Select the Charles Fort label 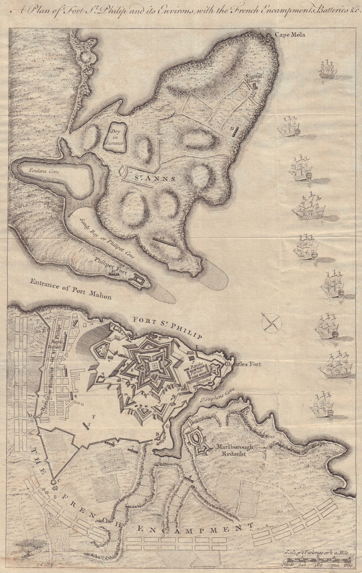[242, 364]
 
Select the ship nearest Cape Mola [328, 68]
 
